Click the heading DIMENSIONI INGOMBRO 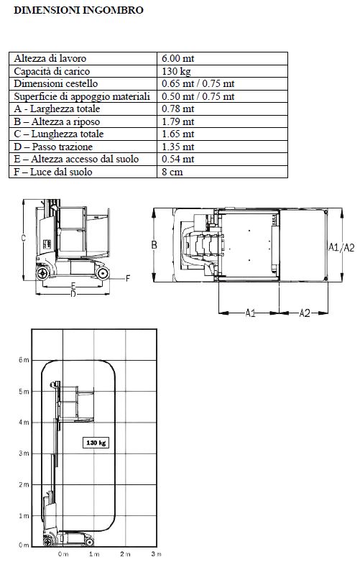78,10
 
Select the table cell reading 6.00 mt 177,58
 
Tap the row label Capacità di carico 52,71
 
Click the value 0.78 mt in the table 177,109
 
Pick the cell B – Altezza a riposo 57,121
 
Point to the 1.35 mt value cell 177,147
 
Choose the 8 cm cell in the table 172,172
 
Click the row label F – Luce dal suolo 52,172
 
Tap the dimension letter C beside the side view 23,238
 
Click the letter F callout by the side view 128,278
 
